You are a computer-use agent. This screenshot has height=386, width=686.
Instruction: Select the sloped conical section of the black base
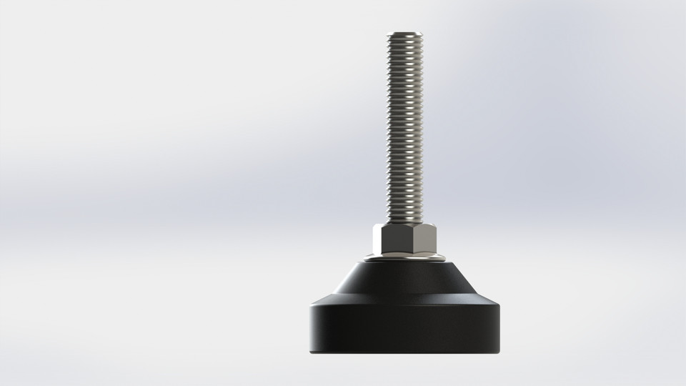tap(404, 282)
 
